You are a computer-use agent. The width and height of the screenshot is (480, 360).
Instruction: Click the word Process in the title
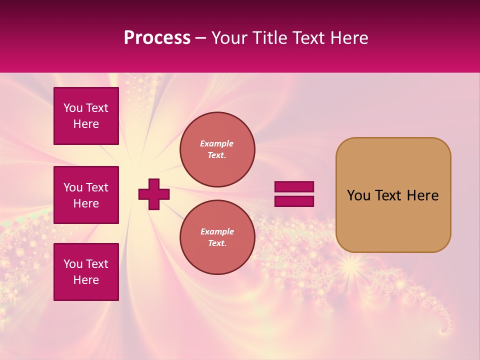[157, 38]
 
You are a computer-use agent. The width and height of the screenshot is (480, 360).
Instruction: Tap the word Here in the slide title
[348, 38]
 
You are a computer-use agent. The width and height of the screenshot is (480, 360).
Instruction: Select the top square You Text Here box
[86, 116]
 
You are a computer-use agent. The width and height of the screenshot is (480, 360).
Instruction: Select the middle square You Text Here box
[86, 195]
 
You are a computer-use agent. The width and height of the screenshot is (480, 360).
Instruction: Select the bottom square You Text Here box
[86, 272]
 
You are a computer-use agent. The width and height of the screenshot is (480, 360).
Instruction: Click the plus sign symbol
[154, 194]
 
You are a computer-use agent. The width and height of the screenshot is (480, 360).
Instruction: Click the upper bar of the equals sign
[294, 186]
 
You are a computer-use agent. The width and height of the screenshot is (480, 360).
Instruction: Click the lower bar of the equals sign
[294, 201]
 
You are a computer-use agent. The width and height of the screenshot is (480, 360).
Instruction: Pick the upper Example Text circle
[217, 149]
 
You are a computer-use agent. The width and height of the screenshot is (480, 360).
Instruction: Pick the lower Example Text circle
[217, 237]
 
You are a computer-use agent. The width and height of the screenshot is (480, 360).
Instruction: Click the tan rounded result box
[393, 195]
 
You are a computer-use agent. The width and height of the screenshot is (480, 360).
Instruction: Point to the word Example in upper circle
[217, 143]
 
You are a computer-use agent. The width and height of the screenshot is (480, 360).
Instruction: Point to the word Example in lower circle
[217, 231]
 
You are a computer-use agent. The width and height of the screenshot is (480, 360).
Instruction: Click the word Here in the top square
[86, 124]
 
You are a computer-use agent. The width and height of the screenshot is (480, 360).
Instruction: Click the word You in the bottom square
[72, 264]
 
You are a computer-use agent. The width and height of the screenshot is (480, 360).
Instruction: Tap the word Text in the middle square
[96, 187]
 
